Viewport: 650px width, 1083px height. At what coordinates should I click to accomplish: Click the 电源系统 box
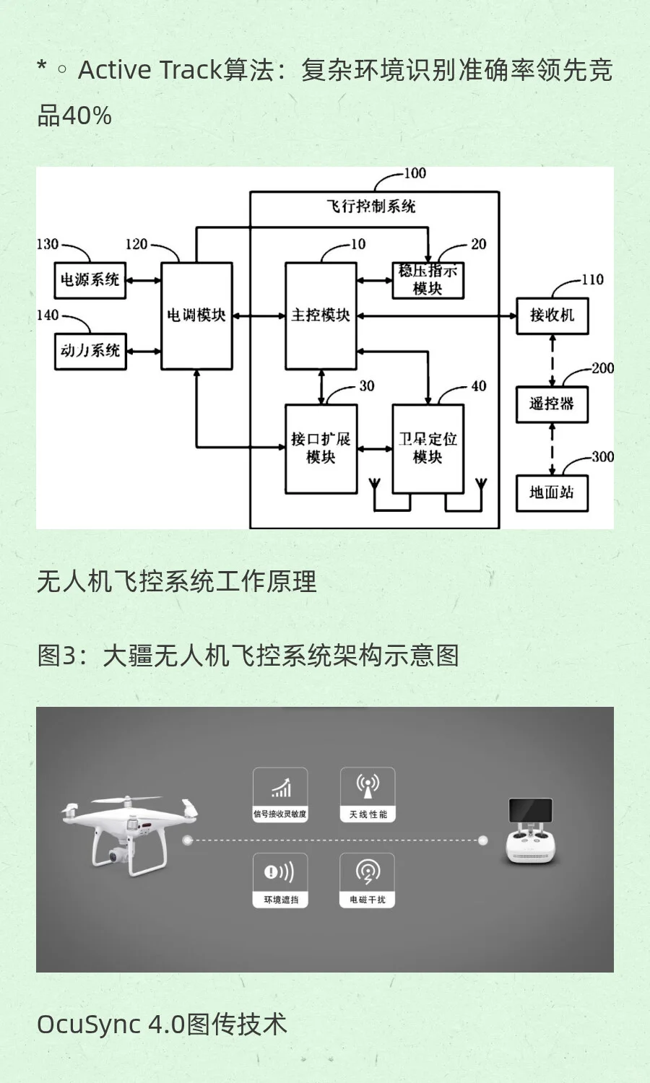coord(90,280)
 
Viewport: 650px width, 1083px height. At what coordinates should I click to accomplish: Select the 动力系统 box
coord(90,351)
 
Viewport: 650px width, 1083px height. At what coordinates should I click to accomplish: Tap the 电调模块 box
coord(196,316)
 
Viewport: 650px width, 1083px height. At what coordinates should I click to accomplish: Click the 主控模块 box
coord(321,316)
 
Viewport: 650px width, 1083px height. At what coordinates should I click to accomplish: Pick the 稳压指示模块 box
coord(428,280)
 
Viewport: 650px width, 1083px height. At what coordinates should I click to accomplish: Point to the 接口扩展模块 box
coord(321,448)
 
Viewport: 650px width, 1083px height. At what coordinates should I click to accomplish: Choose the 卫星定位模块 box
coord(428,448)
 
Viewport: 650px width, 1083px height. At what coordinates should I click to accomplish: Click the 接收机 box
coord(552,316)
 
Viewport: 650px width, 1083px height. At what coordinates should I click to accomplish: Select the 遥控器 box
coord(552,404)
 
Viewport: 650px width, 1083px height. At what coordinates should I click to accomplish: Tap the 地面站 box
coord(552,493)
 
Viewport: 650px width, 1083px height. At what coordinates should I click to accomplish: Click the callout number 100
coord(415,173)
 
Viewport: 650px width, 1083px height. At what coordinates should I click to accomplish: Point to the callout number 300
coord(602,457)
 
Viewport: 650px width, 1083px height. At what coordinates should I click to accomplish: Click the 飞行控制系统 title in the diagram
coord(371,206)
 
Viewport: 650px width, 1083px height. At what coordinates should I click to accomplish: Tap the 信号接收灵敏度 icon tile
coord(280,794)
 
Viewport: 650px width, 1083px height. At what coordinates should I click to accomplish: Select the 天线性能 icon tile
coord(368,794)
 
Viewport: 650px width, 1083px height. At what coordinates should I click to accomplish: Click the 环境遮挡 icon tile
coord(280,880)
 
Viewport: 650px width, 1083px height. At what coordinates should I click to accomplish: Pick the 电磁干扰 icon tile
coord(368,880)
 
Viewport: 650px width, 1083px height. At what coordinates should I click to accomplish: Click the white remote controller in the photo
coord(531,834)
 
